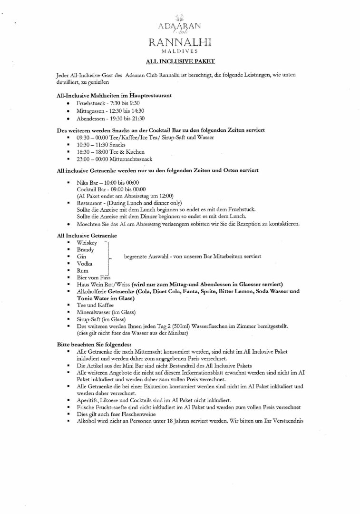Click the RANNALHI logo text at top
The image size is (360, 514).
tap(180, 43)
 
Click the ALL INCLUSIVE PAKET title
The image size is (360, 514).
tap(180, 61)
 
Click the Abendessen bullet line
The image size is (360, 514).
tap(110, 119)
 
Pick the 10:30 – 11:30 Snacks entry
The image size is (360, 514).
tap(101, 144)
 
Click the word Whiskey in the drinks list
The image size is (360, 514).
tap(87, 243)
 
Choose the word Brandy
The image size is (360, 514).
tap(85, 249)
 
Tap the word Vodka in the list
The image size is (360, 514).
tap(85, 263)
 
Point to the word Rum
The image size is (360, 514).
tap(82, 270)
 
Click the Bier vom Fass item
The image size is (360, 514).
tap(93, 277)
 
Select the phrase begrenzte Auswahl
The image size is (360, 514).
tap(146, 257)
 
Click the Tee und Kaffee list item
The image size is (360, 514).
tap(95, 305)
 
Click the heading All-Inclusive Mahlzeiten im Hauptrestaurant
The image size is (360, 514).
tap(114, 95)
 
